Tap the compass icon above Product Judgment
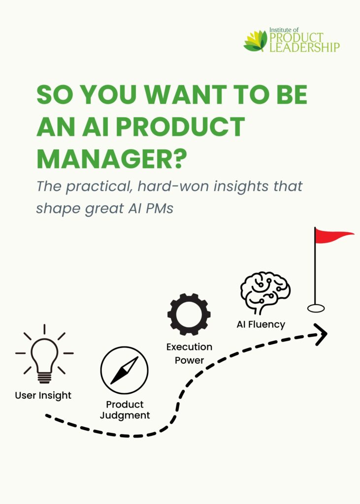124,370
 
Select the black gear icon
189,315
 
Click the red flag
333,236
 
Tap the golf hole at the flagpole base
316,308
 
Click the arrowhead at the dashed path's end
321,334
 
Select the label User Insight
43,395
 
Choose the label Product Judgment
125,410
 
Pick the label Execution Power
189,353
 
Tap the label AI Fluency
261,325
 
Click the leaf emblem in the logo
256,40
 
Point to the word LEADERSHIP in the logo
305,47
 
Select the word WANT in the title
184,94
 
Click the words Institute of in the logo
284,30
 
